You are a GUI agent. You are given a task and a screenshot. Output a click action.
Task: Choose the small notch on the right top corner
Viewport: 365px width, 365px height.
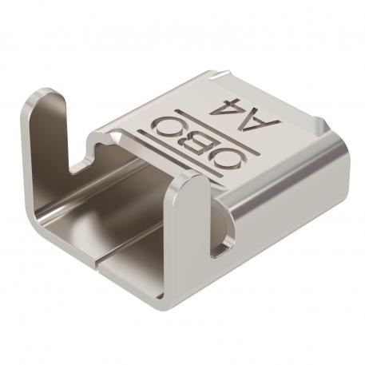click(x=320, y=128)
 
